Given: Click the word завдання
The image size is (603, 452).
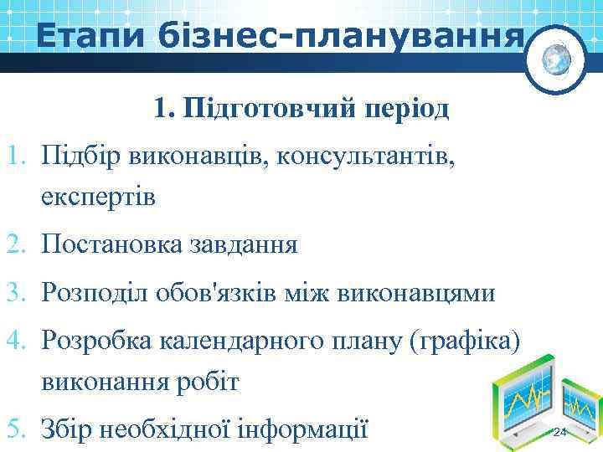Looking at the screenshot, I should pyautogui.click(x=247, y=245).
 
